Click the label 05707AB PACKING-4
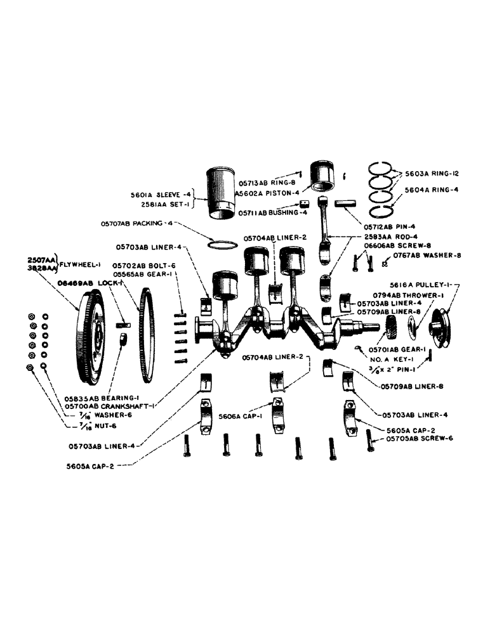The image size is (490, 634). pyautogui.click(x=135, y=223)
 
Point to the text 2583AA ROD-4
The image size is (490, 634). pyautogui.click(x=390, y=236)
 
